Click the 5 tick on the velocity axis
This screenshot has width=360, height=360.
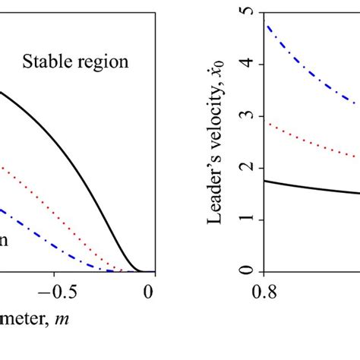tap(248, 12)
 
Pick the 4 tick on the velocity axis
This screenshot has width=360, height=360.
tap(248, 64)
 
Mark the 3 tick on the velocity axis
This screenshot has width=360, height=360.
tap(248, 115)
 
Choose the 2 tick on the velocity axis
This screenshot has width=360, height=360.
tap(248, 168)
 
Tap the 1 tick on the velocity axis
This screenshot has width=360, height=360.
tap(248, 219)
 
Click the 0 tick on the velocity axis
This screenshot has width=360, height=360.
tap(248, 271)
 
